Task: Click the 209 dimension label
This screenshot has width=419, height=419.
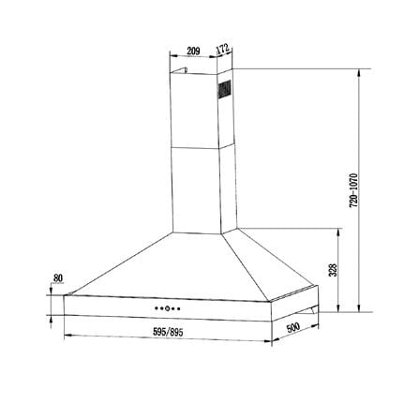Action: coord(193,51)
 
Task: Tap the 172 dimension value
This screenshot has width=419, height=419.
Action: coord(223,50)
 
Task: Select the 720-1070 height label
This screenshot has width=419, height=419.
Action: coord(353,190)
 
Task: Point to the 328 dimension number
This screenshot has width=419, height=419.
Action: coord(334,270)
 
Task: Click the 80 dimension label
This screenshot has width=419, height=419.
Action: coord(58,277)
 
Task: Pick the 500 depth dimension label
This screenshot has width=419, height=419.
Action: coord(293,328)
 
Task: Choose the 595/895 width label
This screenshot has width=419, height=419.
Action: coord(168,332)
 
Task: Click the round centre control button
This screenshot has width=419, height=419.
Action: coord(167,308)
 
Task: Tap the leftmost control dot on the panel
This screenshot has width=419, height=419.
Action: coord(156,308)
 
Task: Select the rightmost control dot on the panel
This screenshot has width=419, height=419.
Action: coord(179,308)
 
